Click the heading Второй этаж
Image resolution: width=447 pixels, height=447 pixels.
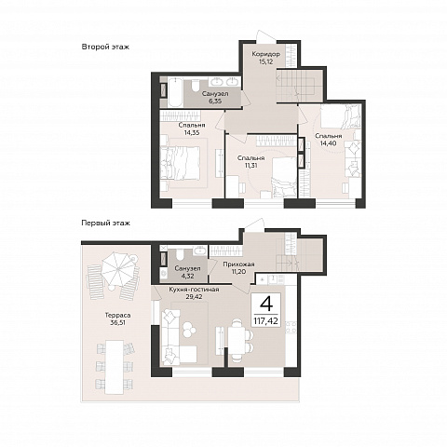[105, 47]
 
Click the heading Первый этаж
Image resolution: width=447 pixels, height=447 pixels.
[105, 223]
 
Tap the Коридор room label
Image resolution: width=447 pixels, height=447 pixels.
[266, 54]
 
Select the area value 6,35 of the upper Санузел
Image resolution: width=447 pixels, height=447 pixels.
[215, 101]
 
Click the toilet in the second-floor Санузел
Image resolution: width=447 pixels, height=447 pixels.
[196, 86]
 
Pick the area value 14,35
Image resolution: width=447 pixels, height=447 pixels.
[192, 133]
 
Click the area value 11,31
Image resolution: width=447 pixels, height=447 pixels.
[251, 166]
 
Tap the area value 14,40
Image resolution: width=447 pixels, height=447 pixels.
[328, 143]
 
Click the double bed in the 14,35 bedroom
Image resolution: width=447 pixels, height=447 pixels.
[181, 163]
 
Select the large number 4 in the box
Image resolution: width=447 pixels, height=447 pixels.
[266, 304]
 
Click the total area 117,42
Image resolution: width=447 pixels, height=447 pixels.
[266, 320]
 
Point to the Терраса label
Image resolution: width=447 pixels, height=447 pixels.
[117, 316]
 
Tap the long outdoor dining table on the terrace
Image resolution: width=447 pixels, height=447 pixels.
[115, 367]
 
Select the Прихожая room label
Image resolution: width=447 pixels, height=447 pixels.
[238, 264]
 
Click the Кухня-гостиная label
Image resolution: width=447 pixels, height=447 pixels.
[194, 290]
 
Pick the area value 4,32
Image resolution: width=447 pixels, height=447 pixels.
[187, 276]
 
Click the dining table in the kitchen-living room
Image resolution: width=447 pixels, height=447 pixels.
[237, 340]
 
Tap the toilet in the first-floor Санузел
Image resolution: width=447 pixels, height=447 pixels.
[181, 254]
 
